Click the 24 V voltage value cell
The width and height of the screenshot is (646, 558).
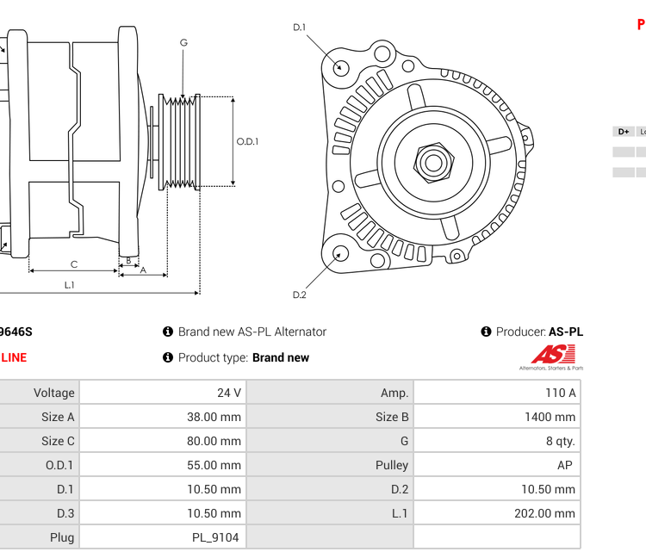point(228,393)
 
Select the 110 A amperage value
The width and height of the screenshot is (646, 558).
point(560,393)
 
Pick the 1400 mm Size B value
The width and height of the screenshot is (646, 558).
point(550,417)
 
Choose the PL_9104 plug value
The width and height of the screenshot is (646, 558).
point(215,537)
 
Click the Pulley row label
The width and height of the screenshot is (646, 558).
point(392,465)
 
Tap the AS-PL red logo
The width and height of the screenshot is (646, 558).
point(552,355)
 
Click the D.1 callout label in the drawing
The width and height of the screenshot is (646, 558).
point(299,28)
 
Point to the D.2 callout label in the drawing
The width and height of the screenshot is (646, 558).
point(299,294)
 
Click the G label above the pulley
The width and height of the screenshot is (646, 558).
point(183,43)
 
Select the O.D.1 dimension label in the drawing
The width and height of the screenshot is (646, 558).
point(248,142)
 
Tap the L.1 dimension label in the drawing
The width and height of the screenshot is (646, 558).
point(69,285)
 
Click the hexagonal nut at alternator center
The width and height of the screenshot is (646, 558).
point(433,162)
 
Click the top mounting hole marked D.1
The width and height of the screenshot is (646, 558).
point(341,66)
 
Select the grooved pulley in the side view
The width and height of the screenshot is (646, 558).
point(181,141)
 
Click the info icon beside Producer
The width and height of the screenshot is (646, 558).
point(486,332)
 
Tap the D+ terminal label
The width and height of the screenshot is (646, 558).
point(623,132)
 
